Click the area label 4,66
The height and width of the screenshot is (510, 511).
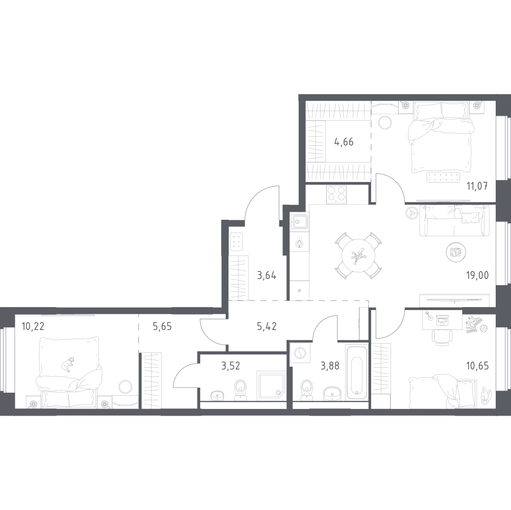pos(344,142)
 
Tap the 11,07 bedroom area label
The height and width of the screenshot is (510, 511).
pos(477,187)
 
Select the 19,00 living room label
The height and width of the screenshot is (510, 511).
pos(477,275)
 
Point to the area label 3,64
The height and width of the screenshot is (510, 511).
pos(266,276)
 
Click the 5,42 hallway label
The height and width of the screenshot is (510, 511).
pos(266,326)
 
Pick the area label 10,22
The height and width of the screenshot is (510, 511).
pos(33,326)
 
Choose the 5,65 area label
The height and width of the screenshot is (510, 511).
pos(162,326)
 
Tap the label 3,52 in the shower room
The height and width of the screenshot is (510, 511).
pos(231,366)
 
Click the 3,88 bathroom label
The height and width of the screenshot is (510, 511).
pos(330,366)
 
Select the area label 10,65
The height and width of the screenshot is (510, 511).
pos(477,366)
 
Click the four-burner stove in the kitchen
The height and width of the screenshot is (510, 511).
pos(336,194)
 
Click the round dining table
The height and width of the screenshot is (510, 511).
pos(358,256)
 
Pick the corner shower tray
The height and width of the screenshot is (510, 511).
pos(272,386)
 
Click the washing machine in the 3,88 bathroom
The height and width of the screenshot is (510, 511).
pos(300,353)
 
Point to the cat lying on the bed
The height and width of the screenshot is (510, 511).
pos(68,365)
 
